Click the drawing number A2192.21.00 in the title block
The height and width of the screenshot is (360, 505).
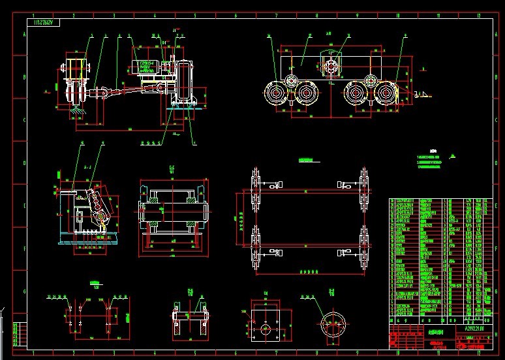coord(470,329)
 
